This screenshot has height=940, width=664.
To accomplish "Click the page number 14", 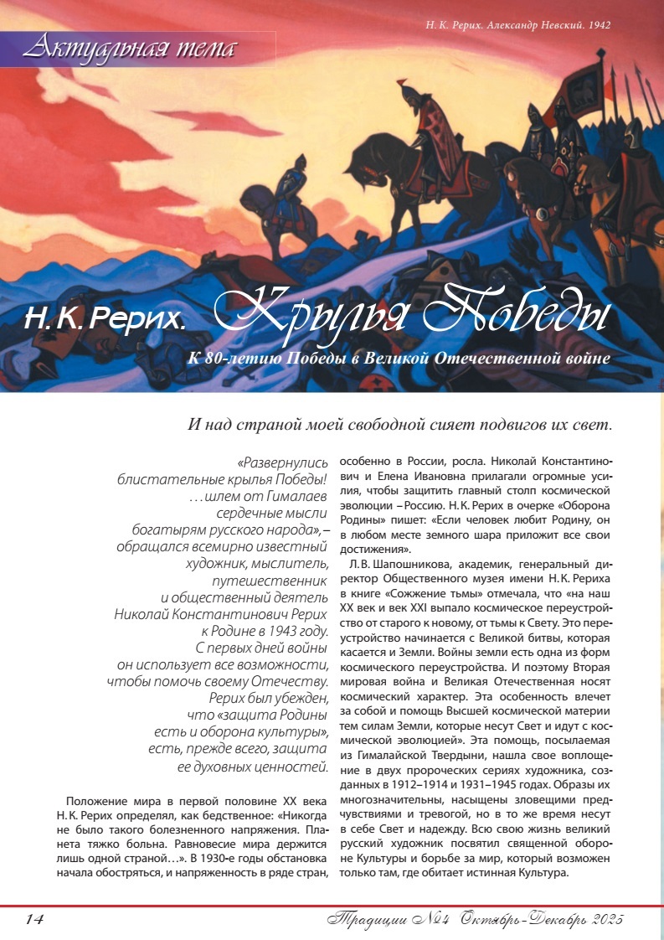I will pyautogui.click(x=33, y=919).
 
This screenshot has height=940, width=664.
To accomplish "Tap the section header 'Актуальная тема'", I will pyautogui.click(x=130, y=49).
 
